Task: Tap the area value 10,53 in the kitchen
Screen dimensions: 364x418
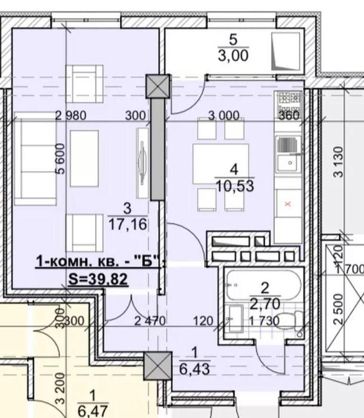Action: tap(235, 186)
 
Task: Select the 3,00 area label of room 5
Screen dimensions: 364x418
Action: tap(233, 56)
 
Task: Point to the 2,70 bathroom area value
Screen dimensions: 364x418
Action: tap(265, 304)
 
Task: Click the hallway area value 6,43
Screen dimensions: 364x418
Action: tap(194, 369)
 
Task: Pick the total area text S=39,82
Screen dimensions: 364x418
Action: tap(98, 279)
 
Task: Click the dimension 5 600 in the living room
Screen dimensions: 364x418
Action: tap(61, 159)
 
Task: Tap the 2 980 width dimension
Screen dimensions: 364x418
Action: tap(71, 116)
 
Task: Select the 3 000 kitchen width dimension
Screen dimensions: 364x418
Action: tap(224, 116)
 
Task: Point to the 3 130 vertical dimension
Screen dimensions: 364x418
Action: tap(338, 162)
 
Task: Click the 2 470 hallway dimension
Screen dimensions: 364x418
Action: tap(150, 321)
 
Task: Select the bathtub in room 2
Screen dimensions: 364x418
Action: tap(263, 285)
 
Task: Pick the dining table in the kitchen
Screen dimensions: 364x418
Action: tap(221, 164)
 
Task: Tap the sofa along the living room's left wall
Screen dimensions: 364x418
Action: tap(35, 159)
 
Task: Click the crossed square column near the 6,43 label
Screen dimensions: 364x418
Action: tap(157, 366)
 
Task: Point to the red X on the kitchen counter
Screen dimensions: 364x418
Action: tap(288, 204)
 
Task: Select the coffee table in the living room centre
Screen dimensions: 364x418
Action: tap(84, 159)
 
